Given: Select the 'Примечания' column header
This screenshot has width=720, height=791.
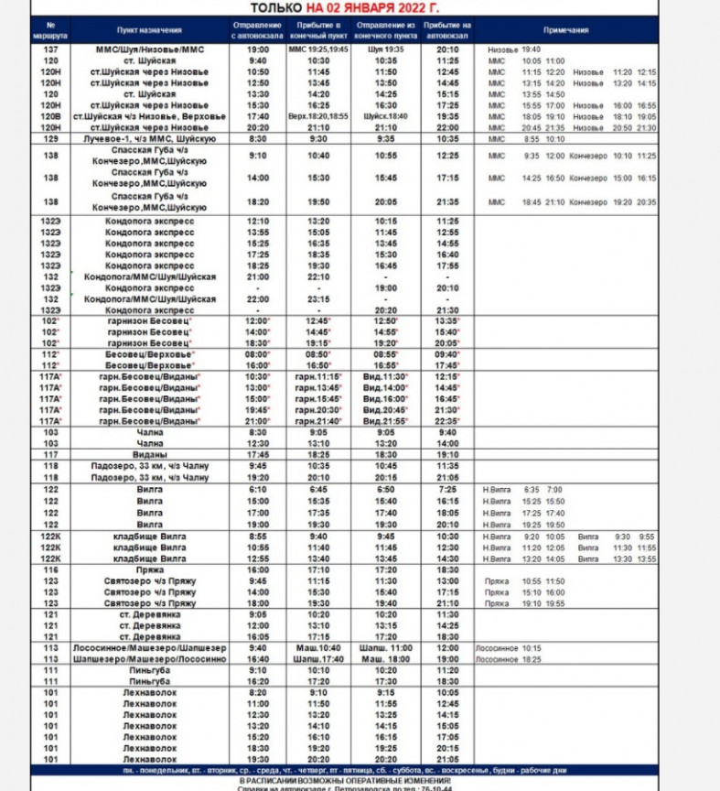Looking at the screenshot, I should (x=565, y=30).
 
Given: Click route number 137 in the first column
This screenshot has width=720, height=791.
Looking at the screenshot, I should (x=51, y=49).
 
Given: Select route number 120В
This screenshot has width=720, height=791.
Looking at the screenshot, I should (x=51, y=117).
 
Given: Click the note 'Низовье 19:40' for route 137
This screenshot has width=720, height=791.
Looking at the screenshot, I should (x=514, y=49).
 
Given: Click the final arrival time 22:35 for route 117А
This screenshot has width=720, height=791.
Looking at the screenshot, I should (x=447, y=421).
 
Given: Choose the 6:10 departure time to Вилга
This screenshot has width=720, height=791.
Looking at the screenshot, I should (x=257, y=490).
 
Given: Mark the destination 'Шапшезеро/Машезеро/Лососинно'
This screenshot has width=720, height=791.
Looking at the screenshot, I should (x=149, y=658).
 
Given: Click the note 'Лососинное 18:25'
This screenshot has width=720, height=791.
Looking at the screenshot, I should (x=509, y=658).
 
